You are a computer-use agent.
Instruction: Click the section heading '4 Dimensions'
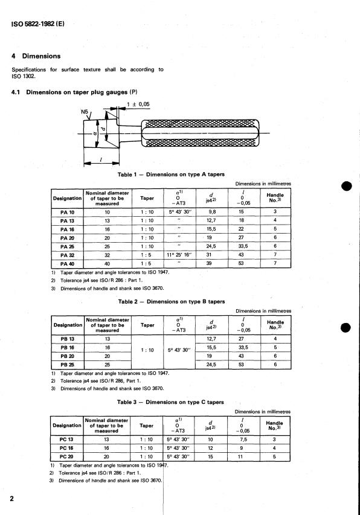point(37,56)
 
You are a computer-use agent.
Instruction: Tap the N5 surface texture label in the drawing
point(85,111)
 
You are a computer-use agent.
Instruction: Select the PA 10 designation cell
point(67,212)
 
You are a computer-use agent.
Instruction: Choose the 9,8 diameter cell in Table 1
point(212,212)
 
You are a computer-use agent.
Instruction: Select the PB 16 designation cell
point(67,348)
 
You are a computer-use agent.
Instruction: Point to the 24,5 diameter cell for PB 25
point(212,365)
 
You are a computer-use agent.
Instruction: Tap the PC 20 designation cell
point(67,457)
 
